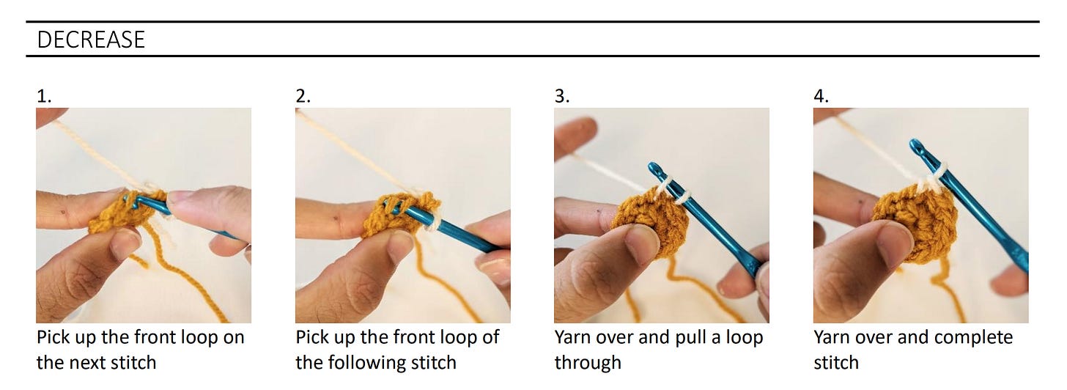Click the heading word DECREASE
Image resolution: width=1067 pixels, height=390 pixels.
click(91, 40)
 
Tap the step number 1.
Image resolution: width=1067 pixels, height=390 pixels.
click(44, 96)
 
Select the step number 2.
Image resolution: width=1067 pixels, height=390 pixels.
click(303, 96)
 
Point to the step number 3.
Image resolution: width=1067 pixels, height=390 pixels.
click(562, 96)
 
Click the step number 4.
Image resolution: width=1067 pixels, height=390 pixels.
click(822, 96)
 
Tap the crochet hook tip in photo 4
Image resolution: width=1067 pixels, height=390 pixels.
click(915, 144)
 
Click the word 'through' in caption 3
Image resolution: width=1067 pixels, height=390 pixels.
click(588, 363)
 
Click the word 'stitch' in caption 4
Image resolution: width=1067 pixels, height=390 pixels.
click(836, 363)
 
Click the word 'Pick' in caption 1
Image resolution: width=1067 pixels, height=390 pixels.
click(53, 337)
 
